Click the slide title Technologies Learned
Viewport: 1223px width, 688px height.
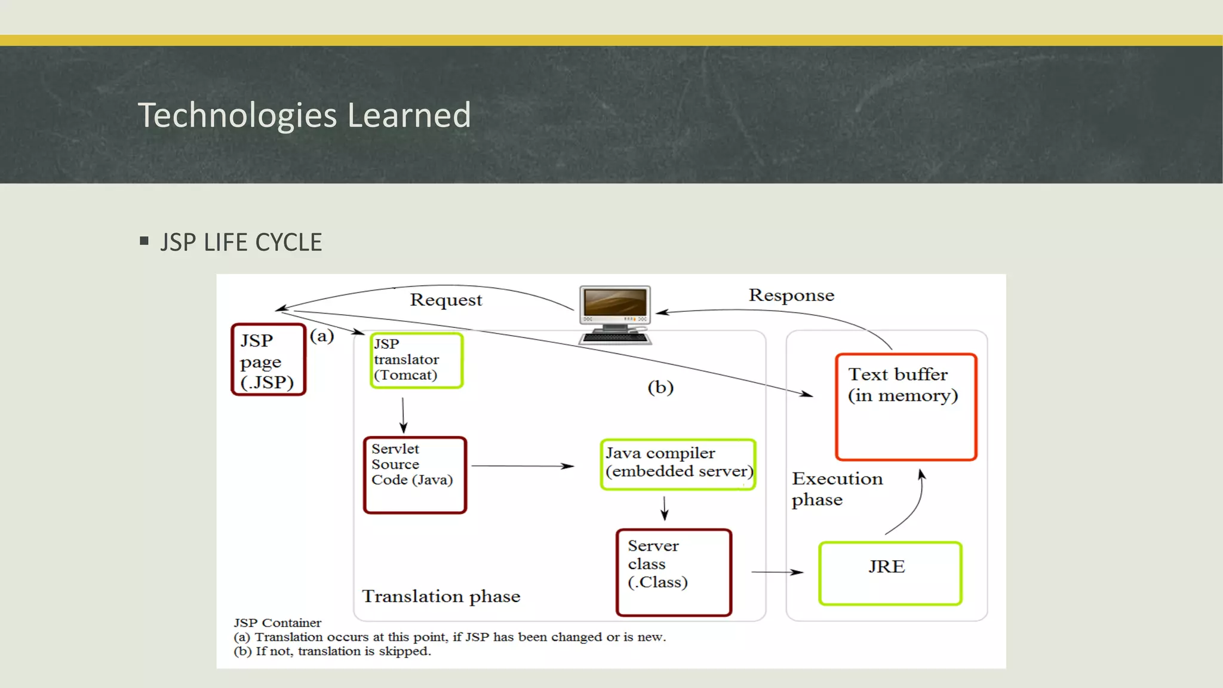tap(305, 115)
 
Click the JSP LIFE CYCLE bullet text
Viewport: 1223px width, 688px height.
tap(241, 242)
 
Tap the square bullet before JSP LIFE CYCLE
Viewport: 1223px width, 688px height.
tap(144, 241)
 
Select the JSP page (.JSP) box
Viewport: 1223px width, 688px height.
tap(268, 360)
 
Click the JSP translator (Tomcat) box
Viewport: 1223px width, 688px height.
tap(416, 360)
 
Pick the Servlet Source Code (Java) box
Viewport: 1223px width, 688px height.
tap(415, 475)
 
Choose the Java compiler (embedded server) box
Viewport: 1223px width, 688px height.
tap(678, 465)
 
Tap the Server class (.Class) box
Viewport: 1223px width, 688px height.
tap(674, 572)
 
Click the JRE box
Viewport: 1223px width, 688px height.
tap(890, 573)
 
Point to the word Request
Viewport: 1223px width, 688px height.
tap(445, 300)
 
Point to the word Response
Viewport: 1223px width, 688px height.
tap(791, 295)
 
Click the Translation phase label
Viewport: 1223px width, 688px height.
tap(441, 596)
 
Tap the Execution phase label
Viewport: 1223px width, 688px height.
tap(836, 489)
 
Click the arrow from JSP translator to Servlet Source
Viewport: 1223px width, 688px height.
tap(403, 415)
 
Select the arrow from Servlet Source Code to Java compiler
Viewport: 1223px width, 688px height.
tap(523, 466)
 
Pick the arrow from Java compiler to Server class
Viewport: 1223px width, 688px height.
tap(665, 508)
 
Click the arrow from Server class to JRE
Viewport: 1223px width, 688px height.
tap(776, 572)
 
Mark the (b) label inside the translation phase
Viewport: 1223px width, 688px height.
tap(660, 388)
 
